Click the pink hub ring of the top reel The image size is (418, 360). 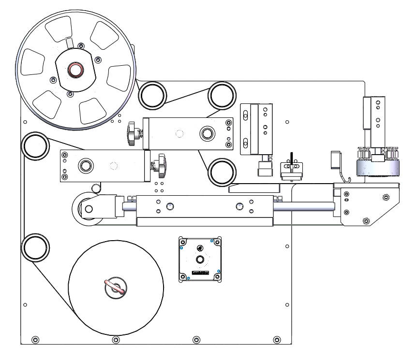point(75,70)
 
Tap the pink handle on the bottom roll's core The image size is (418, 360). point(116,287)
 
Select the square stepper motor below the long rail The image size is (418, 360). point(200,259)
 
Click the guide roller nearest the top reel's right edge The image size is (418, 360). point(150,94)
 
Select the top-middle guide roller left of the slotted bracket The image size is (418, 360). point(222,95)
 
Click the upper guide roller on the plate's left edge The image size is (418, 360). point(35,146)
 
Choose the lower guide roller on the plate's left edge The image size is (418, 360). point(35,247)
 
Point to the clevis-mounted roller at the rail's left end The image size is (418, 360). point(88,209)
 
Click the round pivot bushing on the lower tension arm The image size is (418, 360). point(87,166)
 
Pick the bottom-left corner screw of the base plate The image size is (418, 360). point(34,339)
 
